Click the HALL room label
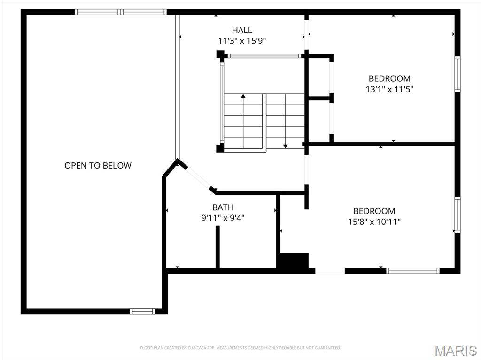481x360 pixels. click(242, 30)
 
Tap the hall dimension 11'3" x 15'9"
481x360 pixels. click(242, 41)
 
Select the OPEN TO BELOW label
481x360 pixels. click(98, 166)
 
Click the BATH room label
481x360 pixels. click(223, 207)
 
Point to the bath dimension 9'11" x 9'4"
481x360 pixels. click(223, 218)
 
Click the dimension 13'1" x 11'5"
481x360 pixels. click(389, 89)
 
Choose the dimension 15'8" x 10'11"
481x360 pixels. click(374, 222)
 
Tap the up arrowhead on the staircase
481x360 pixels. click(243, 96)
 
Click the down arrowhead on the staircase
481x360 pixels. click(285, 146)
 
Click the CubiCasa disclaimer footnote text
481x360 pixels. click(240, 348)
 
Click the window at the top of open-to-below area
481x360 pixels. click(121, 12)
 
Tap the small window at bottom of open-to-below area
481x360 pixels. click(142, 312)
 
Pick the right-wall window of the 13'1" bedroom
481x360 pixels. click(458, 74)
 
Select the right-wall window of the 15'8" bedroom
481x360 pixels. click(458, 215)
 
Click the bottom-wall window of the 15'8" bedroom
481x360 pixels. click(413, 271)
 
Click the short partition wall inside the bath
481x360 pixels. click(217, 247)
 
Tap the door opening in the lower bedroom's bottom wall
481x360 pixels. click(330, 271)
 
